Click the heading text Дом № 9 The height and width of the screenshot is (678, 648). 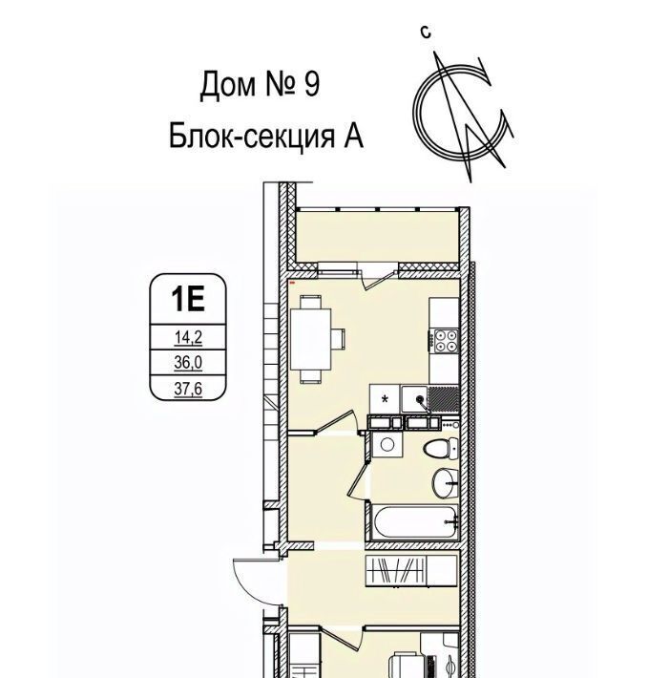coord(260,84)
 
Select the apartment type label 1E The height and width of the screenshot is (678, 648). coord(187,299)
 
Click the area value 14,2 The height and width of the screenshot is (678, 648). coord(188,338)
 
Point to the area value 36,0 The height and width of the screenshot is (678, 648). coord(188,363)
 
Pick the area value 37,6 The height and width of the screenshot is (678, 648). coord(188,389)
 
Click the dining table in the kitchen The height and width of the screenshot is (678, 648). coord(310,339)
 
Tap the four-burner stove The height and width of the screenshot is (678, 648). coord(446,341)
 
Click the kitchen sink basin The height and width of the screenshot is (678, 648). coord(415,399)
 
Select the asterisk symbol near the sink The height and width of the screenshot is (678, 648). coord(385,398)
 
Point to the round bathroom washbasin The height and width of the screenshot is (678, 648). coord(445,482)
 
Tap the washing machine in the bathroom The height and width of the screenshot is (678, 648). coord(387,444)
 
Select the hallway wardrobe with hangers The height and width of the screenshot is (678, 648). coord(411,571)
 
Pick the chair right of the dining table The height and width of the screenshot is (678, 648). coord(338,339)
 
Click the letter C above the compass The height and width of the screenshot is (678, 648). coord(426,32)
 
